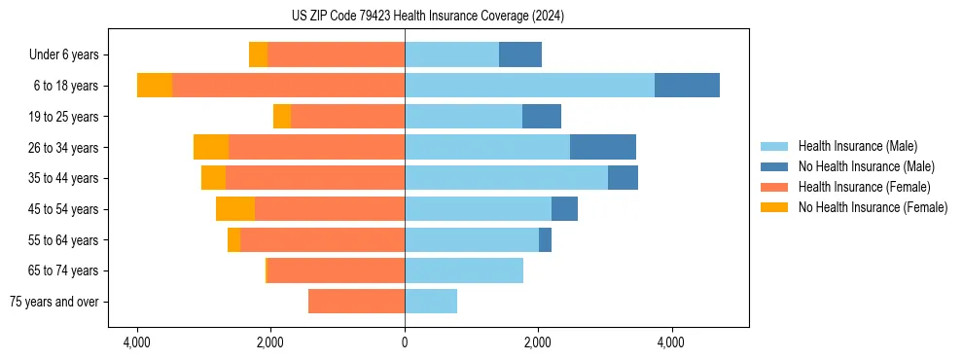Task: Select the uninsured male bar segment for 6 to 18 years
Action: tap(687, 86)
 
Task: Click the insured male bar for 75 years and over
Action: tap(431, 302)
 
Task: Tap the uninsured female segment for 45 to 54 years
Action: tap(235, 209)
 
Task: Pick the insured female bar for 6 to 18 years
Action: tap(288, 86)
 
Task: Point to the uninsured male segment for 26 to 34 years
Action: tap(603, 147)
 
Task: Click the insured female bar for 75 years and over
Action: tap(356, 302)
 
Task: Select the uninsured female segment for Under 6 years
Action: tap(258, 54)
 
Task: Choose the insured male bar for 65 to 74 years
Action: tap(464, 270)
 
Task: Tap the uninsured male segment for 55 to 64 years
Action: tap(545, 239)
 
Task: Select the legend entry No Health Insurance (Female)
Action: tap(873, 207)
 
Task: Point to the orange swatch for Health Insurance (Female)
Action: tap(774, 187)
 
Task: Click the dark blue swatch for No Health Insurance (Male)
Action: tap(774, 166)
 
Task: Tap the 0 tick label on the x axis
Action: tap(405, 342)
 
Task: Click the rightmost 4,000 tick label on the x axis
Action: tap(671, 342)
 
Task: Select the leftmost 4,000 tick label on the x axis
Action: tap(137, 342)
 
